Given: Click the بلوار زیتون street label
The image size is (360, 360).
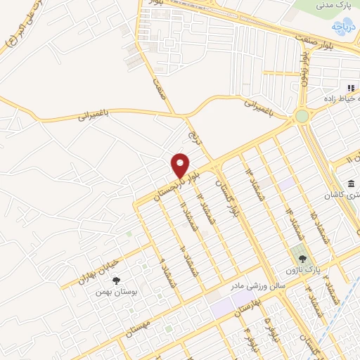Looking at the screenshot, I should (x=304, y=69).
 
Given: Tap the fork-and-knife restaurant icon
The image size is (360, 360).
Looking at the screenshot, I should (x=349, y=89).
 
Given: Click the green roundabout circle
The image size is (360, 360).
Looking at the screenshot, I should (x=302, y=115).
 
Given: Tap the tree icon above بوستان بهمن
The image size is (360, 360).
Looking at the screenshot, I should (x=116, y=281).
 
